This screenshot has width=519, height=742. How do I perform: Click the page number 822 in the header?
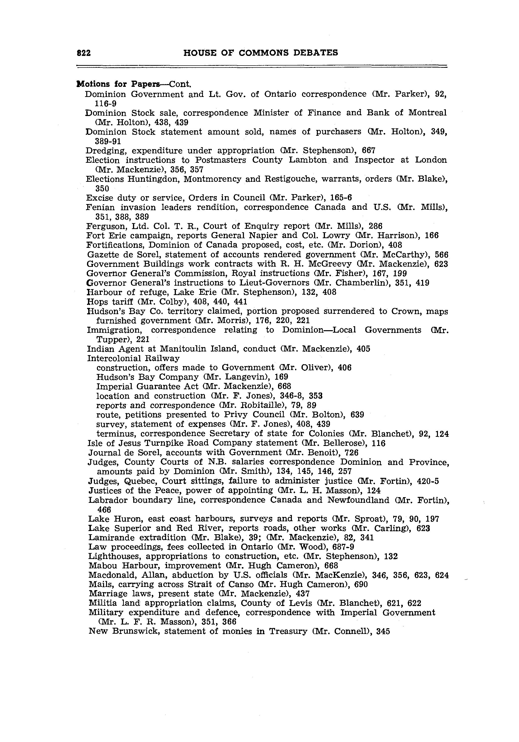click(x=84, y=53)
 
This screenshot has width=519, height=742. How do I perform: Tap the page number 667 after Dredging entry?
click(x=368, y=151)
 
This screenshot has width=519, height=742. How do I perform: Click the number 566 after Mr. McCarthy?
click(x=441, y=255)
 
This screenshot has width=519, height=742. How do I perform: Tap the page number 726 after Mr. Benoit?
click(x=352, y=452)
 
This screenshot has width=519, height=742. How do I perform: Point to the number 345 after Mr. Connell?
click(x=383, y=631)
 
